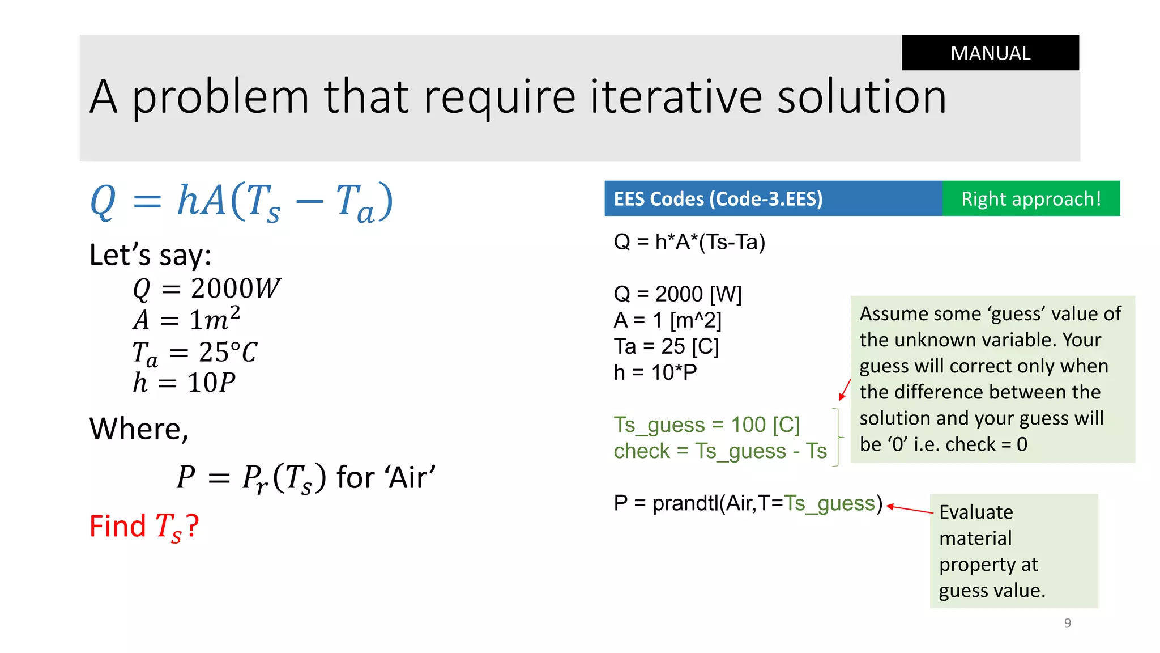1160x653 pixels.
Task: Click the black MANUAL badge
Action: [990, 53]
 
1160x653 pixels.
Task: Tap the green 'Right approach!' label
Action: [1031, 199]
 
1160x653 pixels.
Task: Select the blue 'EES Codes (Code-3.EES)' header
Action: [718, 199]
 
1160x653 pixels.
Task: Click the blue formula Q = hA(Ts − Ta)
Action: [241, 202]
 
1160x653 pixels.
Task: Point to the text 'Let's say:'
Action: [150, 255]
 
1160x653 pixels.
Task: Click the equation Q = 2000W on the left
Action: [206, 289]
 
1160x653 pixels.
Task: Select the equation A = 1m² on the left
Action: [186, 319]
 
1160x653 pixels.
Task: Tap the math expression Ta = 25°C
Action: [194, 352]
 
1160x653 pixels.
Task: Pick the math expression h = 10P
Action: [184, 383]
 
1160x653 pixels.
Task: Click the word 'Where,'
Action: [139, 429]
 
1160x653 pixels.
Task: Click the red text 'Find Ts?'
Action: [144, 527]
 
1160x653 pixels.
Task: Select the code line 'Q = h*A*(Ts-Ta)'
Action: [689, 242]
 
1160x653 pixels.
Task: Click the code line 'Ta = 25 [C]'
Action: [666, 346]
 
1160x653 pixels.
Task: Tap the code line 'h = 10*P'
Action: [655, 372]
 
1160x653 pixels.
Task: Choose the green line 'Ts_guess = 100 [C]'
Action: [706, 425]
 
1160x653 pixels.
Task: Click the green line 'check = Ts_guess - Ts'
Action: [720, 451]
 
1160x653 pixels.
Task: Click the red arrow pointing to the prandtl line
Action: [909, 509]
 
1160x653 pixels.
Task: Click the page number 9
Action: [1067, 623]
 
